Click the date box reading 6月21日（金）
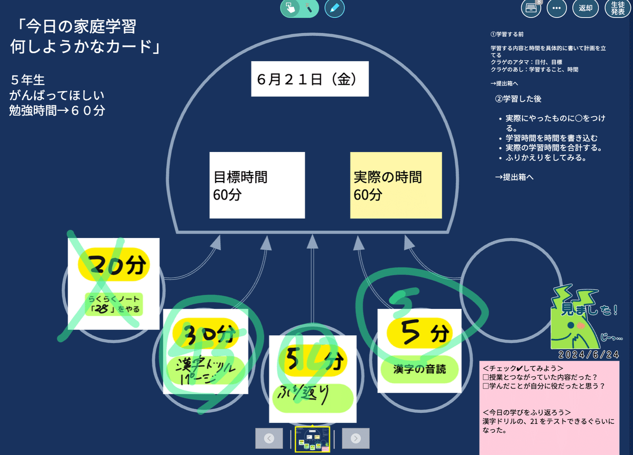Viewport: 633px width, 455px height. (310, 79)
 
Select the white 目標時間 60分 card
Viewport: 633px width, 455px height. (257, 185)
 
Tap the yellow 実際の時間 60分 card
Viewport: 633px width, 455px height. (396, 185)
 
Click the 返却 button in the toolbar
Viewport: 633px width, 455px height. (586, 8)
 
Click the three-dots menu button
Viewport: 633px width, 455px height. (557, 8)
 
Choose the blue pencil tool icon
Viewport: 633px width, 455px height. (334, 8)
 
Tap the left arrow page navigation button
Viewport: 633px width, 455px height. (269, 438)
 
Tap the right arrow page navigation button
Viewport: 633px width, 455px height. (356, 438)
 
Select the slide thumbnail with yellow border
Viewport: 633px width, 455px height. (312, 440)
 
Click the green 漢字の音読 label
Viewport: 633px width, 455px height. (419, 369)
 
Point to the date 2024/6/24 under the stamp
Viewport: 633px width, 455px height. (588, 354)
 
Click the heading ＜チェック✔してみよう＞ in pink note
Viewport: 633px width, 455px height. (523, 368)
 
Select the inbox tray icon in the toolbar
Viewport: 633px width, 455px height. (530, 8)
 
